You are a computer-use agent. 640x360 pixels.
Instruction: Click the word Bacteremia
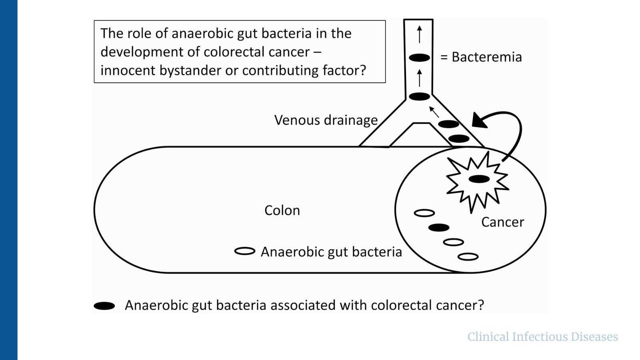click(486, 57)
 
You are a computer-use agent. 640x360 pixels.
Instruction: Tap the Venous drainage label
click(326, 120)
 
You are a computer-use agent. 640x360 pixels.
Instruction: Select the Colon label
click(282, 210)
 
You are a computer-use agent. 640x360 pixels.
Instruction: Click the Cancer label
click(502, 222)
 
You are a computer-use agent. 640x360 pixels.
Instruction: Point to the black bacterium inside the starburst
click(479, 179)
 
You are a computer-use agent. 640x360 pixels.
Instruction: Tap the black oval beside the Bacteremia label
click(419, 58)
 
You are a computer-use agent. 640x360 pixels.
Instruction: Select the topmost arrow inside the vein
click(419, 34)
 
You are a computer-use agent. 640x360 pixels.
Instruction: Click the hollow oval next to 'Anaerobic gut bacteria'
click(245, 251)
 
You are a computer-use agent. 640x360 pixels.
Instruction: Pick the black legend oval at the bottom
click(104, 306)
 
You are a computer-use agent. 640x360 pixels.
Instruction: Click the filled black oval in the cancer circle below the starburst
click(439, 228)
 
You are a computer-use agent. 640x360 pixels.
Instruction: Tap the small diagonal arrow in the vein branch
click(434, 112)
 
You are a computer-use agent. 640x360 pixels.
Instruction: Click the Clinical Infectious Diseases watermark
click(543, 337)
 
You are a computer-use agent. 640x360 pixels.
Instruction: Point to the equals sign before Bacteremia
click(444, 58)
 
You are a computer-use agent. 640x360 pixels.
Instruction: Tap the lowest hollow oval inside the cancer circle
click(468, 256)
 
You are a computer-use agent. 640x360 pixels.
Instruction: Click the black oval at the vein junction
click(419, 96)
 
